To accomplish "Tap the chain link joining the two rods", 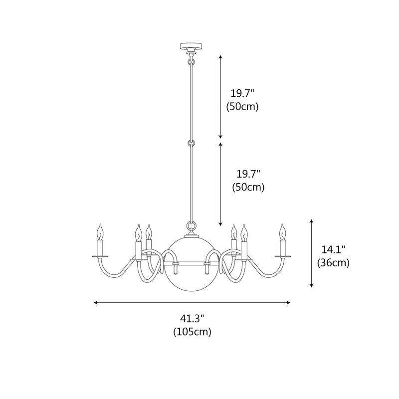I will click(190, 143).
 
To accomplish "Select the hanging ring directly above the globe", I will click(190, 225).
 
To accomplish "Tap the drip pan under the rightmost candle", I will click(283, 256).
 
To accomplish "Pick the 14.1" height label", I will click(333, 249).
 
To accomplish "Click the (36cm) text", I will click(333, 263).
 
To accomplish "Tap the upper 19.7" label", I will click(242, 93).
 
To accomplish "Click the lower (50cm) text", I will click(248, 188).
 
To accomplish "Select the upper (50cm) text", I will click(242, 106).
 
